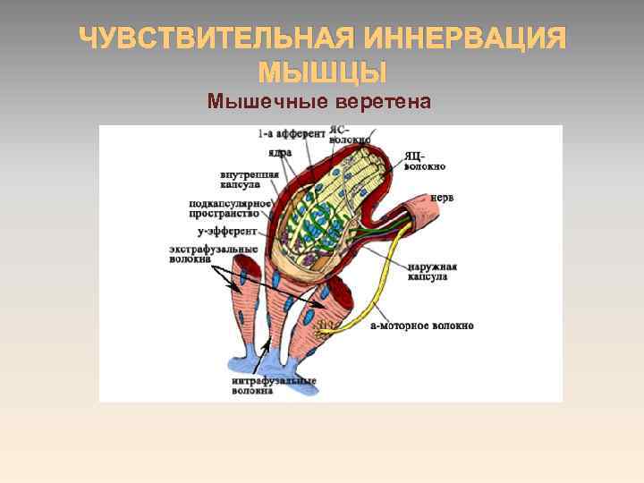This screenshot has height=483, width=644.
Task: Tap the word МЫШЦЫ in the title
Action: click(322, 72)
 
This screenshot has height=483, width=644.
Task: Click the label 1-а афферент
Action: click(292, 134)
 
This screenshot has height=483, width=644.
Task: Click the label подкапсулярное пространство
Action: click(229, 209)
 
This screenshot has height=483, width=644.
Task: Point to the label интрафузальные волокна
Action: click(274, 386)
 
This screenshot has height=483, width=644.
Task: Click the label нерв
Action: click(442, 197)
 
